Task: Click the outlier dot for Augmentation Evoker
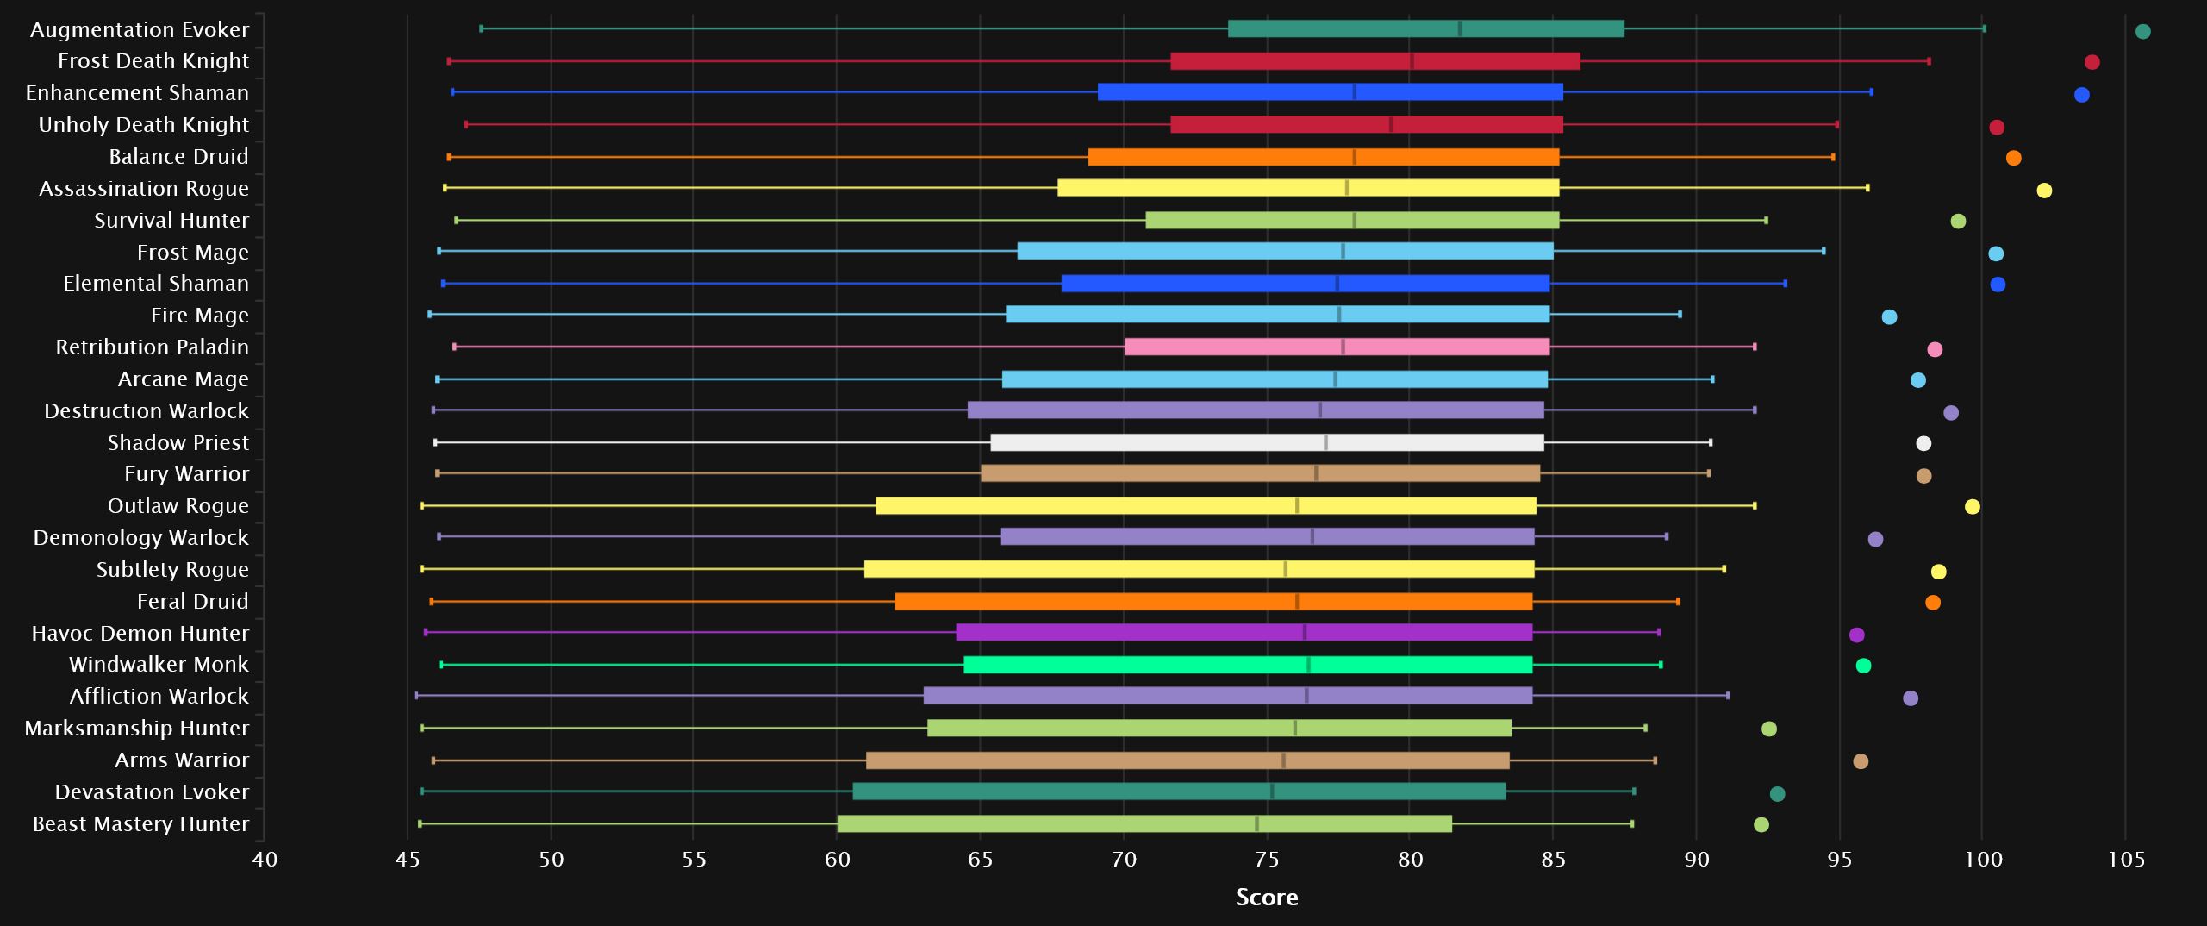(x=2143, y=32)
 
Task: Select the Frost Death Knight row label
(x=153, y=61)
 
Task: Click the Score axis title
(x=1266, y=898)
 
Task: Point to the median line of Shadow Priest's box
(x=1325, y=443)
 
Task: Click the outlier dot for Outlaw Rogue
(x=1972, y=507)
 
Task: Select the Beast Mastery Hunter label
(x=140, y=824)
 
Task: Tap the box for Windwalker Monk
(x=1248, y=665)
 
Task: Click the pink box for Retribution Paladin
(x=1337, y=347)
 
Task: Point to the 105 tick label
(x=2126, y=860)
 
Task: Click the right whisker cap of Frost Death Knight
(x=1929, y=61)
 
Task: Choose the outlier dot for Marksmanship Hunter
(x=1769, y=729)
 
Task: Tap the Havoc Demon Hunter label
(x=140, y=634)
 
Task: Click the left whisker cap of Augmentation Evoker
(x=481, y=28)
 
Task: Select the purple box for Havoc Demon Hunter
(x=1244, y=633)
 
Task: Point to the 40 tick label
(x=265, y=860)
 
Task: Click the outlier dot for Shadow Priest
(x=1923, y=444)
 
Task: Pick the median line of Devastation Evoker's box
(x=1272, y=792)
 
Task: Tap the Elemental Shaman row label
(x=155, y=284)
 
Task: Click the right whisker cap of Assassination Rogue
(x=1867, y=188)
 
